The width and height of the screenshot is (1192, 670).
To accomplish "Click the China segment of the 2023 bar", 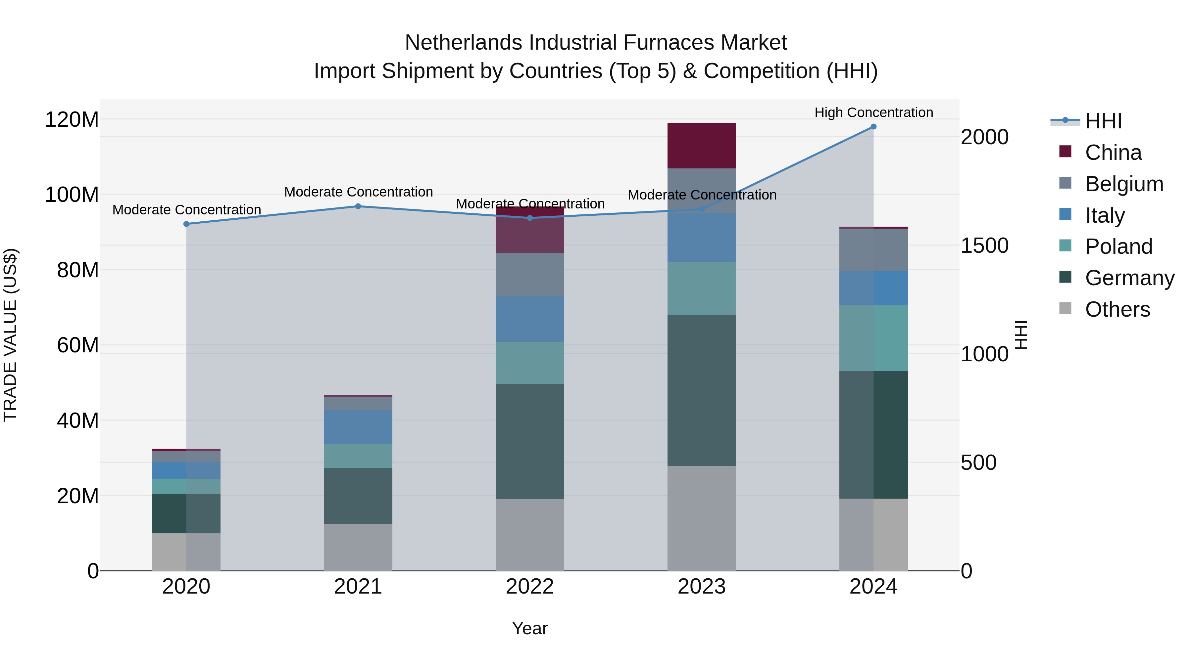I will click(x=702, y=146).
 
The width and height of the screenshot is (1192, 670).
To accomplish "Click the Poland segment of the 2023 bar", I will click(x=702, y=288).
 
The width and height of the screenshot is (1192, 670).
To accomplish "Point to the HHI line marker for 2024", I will click(x=873, y=127).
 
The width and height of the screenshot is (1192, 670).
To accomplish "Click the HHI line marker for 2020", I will click(x=186, y=224).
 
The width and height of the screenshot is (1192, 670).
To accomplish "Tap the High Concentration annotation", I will click(x=873, y=112).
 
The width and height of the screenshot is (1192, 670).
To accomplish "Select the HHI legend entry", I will click(x=1103, y=121).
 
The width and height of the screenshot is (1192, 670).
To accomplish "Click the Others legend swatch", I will click(x=1065, y=308).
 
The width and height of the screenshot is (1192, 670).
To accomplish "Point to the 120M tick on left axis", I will click(x=72, y=120).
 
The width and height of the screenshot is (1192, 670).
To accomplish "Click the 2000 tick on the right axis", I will click(x=984, y=137).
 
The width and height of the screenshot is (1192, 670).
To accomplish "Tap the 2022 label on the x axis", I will click(x=530, y=587).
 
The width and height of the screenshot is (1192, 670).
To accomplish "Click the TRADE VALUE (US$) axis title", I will click(x=10, y=335).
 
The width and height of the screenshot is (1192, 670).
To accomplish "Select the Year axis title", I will click(x=530, y=628).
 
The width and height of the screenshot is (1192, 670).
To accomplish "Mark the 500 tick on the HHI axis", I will click(x=978, y=463).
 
